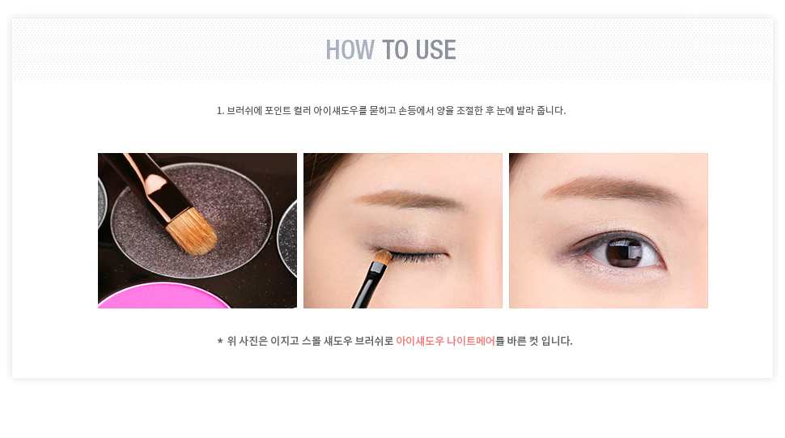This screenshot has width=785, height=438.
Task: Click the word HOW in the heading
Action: pos(350,49)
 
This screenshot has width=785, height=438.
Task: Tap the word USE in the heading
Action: pos(435,49)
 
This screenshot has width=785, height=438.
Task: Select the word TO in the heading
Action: pos(395,49)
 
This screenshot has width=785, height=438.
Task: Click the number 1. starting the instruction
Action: pos(220,111)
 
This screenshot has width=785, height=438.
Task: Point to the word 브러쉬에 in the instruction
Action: pos(244,110)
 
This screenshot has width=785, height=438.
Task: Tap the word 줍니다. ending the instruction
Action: pos(550,110)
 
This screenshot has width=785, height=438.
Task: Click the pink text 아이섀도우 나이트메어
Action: pos(445,341)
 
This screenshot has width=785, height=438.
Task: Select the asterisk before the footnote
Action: pos(220,341)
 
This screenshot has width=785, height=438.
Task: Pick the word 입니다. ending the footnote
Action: pos(557,341)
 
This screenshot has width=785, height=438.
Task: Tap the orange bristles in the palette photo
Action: pos(192,232)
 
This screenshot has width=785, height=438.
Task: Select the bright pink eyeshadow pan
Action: pos(164,296)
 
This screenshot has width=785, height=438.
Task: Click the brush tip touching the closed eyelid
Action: pos(383,257)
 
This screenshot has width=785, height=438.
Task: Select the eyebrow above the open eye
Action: pos(613,189)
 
